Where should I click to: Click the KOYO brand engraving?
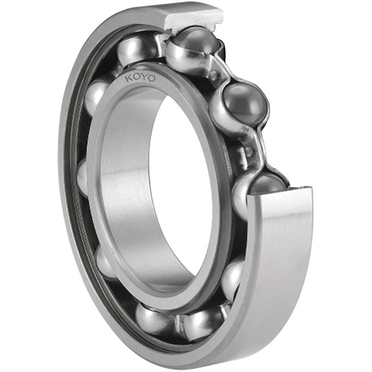[141, 78]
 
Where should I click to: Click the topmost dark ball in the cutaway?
[196, 41]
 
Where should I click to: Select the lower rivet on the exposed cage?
[249, 152]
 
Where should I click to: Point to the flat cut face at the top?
[194, 18]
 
